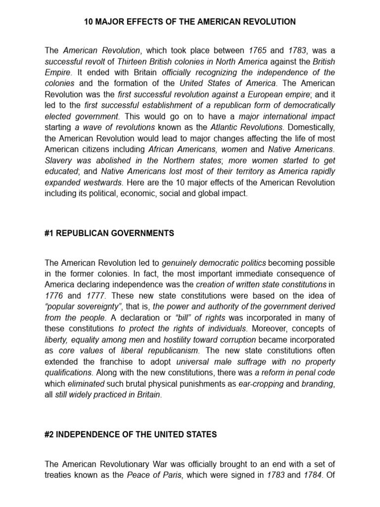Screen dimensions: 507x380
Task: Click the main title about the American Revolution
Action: (190, 22)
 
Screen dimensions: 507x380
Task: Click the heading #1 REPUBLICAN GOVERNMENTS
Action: (109, 233)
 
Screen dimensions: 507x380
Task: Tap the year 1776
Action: (53, 295)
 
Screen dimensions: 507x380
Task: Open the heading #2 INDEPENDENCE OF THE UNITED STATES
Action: (131, 435)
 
